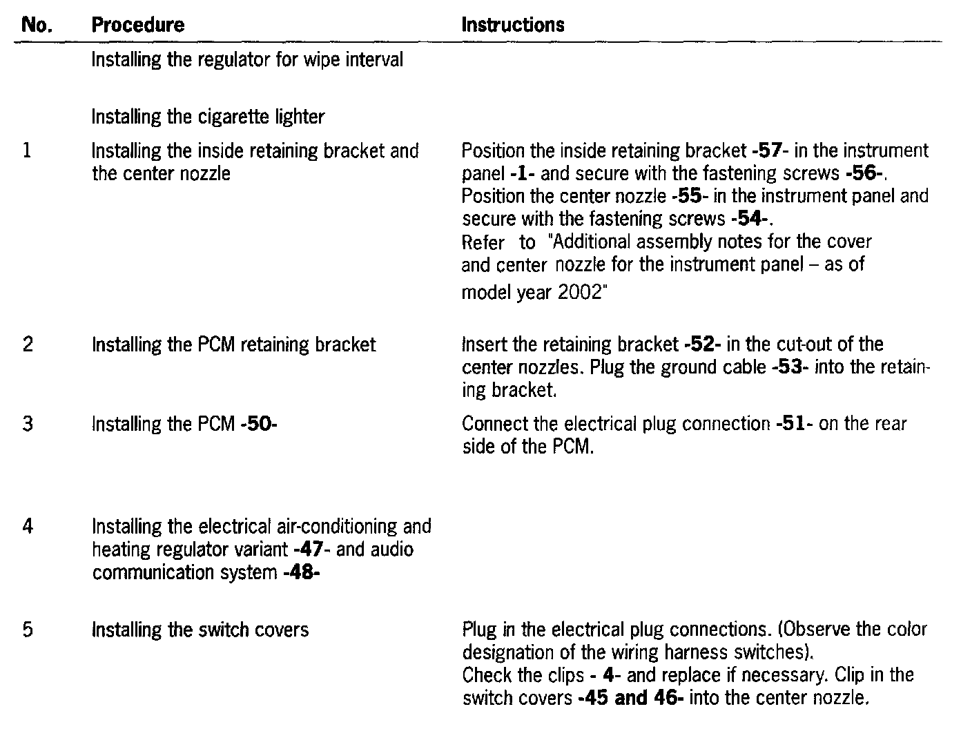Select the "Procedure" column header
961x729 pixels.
(138, 26)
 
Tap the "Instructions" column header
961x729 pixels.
(512, 26)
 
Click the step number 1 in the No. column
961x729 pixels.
(27, 150)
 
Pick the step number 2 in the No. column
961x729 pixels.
(28, 344)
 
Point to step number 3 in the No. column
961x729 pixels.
(28, 424)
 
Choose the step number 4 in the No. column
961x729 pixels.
(28, 527)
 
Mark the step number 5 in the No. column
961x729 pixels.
(28, 630)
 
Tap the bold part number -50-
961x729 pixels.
(259, 424)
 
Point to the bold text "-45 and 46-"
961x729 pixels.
(630, 698)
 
